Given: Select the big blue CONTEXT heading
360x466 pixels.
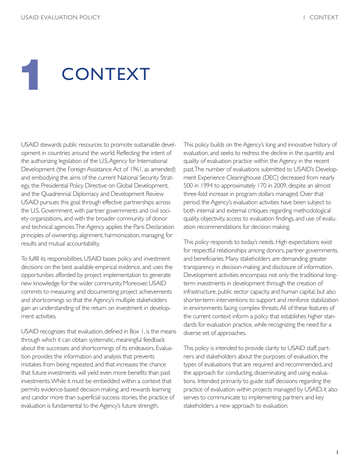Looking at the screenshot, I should point(106,74).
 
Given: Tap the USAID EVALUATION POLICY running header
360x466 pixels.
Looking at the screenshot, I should point(61,17).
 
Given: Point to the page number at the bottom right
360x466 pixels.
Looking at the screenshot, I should point(337,452).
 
